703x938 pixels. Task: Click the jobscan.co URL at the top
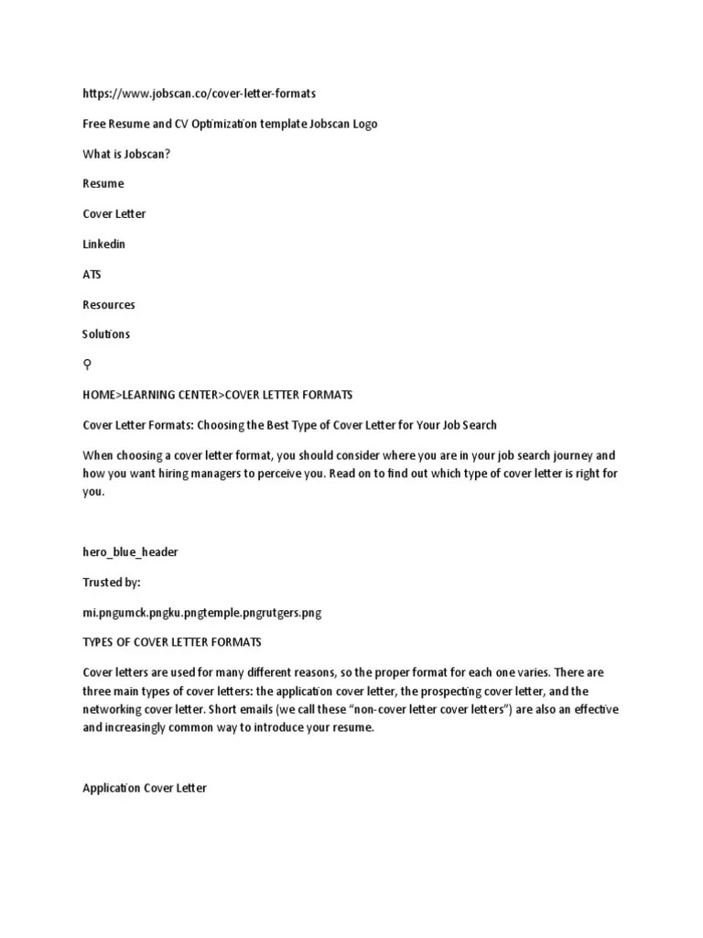click(x=200, y=93)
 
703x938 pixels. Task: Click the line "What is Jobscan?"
click(x=126, y=154)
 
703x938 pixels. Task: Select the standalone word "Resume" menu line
click(x=103, y=183)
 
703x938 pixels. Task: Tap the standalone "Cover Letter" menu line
click(x=114, y=213)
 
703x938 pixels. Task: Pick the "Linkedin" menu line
click(x=104, y=244)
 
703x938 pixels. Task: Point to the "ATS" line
click(x=92, y=274)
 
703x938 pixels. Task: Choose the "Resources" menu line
click(x=109, y=304)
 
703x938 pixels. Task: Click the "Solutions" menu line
click(x=106, y=334)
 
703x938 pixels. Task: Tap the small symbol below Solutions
click(x=87, y=365)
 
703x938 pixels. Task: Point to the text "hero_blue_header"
click(x=130, y=551)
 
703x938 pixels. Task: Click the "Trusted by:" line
click(x=112, y=582)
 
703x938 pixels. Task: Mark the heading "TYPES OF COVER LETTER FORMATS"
click(x=172, y=642)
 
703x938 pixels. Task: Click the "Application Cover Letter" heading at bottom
click(x=145, y=788)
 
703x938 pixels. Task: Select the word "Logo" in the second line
click(x=362, y=124)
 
